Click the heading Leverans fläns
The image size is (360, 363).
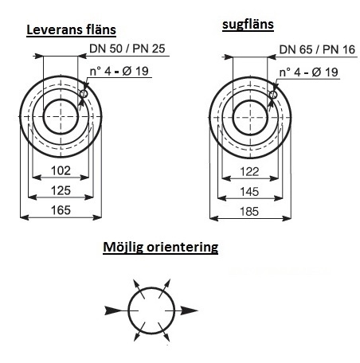[x=71, y=29]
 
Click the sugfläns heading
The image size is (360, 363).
[x=248, y=25]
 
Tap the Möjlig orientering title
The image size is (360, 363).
[x=160, y=248]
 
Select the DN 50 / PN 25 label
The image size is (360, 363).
[x=127, y=49]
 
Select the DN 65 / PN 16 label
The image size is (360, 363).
[x=317, y=49]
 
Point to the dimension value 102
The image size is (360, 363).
[x=61, y=170]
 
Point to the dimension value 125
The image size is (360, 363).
[x=61, y=190]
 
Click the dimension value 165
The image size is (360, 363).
[x=61, y=210]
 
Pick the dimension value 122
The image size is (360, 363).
[x=249, y=172]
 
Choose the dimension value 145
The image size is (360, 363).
[x=249, y=192]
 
